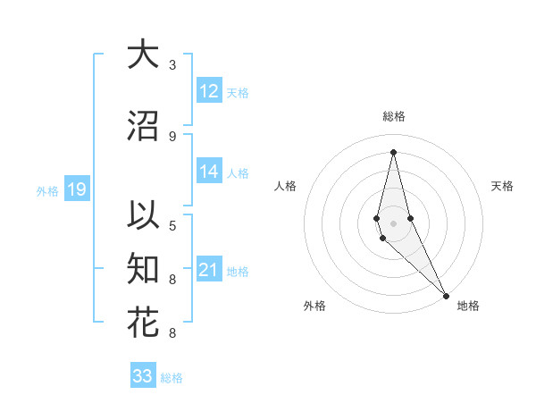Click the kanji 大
(x=143, y=55)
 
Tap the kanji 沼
(x=143, y=126)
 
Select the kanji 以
(x=143, y=216)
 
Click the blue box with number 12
(x=209, y=91)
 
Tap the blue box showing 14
(x=209, y=172)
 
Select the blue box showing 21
(x=209, y=271)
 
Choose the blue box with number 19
(x=77, y=189)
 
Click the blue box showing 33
(x=143, y=376)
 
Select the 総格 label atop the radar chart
(x=393, y=116)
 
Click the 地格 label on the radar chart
(x=468, y=306)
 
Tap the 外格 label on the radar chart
(x=314, y=306)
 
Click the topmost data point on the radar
(x=393, y=152)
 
